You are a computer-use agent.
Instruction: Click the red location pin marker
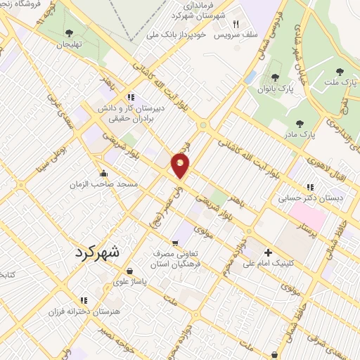click(x=181, y=167)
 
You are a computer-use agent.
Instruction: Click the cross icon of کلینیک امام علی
click(x=267, y=252)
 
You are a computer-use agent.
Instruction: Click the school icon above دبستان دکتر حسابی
click(x=310, y=187)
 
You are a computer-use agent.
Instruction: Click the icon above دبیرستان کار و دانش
click(x=130, y=97)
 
